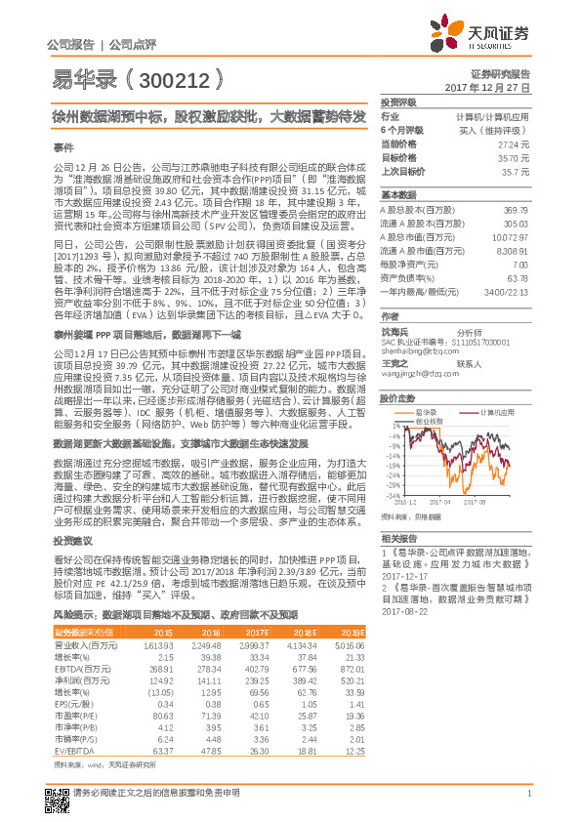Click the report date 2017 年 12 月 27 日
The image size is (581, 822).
486,88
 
